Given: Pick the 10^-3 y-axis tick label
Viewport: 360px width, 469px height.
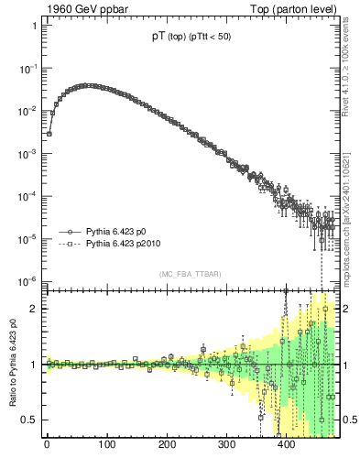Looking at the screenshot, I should click(x=28, y=154).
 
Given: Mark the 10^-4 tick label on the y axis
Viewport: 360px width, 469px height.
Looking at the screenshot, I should click(x=28, y=196).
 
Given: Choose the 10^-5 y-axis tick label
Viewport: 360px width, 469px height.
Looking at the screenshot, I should click(x=28, y=239).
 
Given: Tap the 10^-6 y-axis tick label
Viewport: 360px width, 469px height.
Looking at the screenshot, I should click(x=28, y=281).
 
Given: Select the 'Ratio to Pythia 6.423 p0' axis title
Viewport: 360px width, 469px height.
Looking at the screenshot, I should click(x=11, y=365).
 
